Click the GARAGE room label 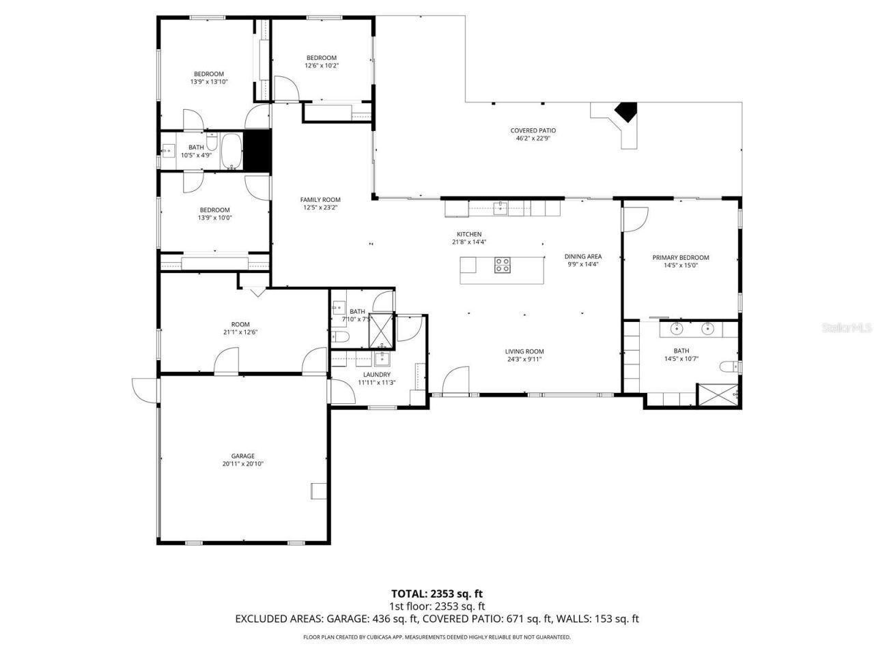(x=242, y=456)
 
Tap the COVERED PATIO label (x=533, y=130)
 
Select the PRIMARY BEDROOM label (x=680, y=258)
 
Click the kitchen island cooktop (x=503, y=265)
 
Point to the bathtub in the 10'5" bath (x=231, y=151)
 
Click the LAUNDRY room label (x=376, y=375)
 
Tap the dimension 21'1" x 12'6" (x=240, y=332)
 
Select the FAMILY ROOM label (x=320, y=200)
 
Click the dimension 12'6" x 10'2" (x=321, y=66)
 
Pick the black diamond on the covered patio (x=625, y=112)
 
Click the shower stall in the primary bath (x=718, y=395)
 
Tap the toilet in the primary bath (x=730, y=366)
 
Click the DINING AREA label (x=582, y=257)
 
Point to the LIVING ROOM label (x=524, y=351)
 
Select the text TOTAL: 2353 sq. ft (x=437, y=594)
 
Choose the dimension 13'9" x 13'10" (x=208, y=82)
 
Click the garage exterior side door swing (x=144, y=388)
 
